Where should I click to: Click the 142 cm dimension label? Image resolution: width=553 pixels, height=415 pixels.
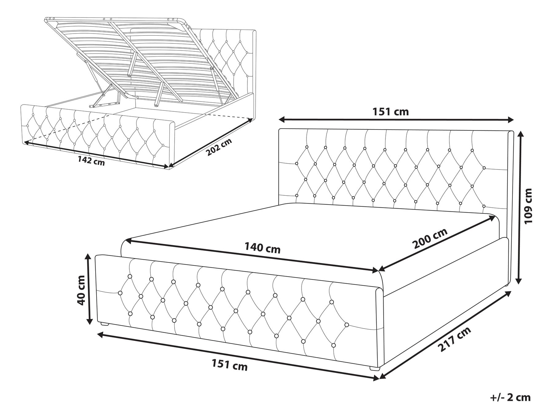click(x=91, y=161)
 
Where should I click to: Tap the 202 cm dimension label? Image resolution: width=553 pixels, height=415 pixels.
click(x=219, y=147)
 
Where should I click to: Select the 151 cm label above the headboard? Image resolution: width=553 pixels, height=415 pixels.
click(x=390, y=112)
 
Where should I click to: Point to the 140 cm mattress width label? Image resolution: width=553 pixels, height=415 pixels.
click(x=263, y=248)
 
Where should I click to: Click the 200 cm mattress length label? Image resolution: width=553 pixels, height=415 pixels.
click(x=430, y=239)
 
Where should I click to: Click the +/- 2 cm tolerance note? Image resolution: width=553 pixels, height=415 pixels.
click(x=510, y=397)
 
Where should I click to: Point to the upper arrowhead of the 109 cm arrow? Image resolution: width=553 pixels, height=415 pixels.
click(x=519, y=133)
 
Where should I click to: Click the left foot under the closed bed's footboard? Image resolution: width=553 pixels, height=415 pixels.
click(x=105, y=324)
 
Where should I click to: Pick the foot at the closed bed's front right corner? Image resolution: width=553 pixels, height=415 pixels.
click(x=375, y=368)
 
